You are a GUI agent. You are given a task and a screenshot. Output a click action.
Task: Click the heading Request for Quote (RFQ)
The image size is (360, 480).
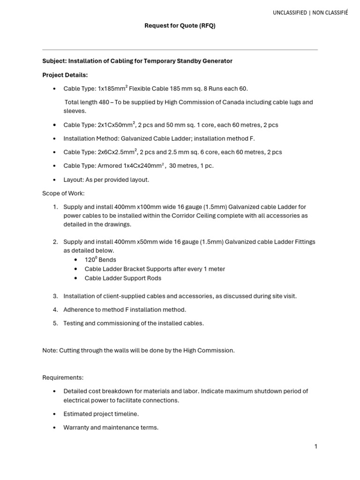180,26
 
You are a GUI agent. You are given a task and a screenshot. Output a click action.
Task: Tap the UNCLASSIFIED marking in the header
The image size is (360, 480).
290,13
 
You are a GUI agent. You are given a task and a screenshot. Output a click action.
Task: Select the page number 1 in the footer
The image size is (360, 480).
316,447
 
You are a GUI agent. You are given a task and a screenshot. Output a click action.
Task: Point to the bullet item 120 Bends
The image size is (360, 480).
100,260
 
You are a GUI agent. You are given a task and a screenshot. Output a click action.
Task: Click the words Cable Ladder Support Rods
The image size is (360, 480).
123,278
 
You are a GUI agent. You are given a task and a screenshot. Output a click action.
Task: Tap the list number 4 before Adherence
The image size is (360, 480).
55,310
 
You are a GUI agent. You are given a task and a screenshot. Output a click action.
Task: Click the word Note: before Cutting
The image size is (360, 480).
50,351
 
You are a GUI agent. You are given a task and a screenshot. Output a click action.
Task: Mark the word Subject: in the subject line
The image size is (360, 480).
54,61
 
